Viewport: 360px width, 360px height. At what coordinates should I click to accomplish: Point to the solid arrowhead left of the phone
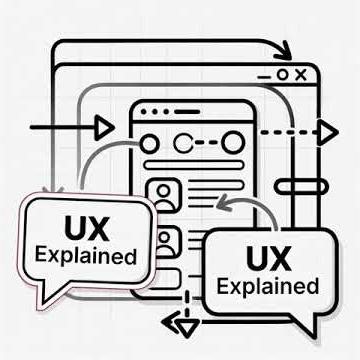(102, 128)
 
